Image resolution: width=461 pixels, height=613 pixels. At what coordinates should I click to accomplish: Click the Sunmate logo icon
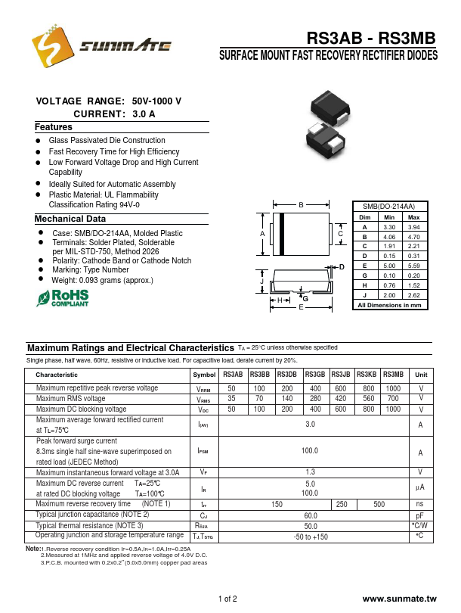48,51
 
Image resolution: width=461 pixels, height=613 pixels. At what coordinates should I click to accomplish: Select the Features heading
54,127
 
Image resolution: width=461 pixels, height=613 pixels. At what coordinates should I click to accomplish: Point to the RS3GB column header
314,375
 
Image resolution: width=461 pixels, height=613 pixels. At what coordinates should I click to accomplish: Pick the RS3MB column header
393,375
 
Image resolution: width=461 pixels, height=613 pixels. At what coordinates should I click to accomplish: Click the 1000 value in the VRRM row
393,388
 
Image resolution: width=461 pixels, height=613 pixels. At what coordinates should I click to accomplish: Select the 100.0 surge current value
310,451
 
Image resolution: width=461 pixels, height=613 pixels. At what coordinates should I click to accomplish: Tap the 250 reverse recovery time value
342,504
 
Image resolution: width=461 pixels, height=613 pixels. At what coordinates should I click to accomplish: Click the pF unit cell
420,515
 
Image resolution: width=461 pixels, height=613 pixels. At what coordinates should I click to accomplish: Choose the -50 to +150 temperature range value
310,537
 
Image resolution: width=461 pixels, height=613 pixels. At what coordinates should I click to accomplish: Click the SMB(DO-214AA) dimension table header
390,207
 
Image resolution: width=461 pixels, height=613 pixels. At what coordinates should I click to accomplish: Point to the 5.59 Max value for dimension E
413,266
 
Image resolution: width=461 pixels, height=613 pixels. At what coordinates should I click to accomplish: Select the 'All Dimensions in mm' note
390,305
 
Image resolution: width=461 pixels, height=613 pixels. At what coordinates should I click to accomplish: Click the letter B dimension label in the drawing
301,206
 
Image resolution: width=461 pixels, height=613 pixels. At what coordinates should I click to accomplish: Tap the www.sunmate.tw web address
400,599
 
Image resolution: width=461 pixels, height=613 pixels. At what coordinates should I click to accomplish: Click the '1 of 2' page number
227,599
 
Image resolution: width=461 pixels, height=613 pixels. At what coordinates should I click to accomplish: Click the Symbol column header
204,375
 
